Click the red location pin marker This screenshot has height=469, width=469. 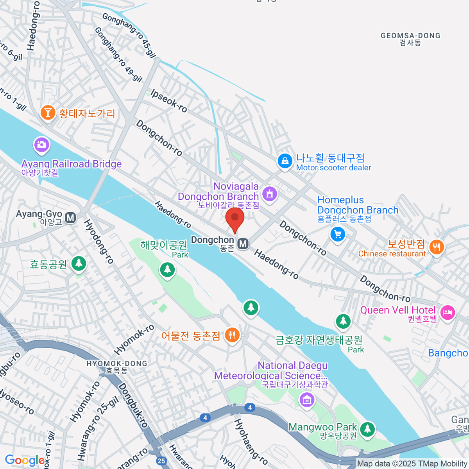point(235,219)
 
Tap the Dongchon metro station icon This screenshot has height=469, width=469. point(243,244)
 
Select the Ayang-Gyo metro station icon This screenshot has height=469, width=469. point(70,218)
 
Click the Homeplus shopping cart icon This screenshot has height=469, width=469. point(337,234)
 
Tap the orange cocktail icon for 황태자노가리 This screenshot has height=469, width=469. point(48,113)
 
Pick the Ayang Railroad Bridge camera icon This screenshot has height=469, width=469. point(41,145)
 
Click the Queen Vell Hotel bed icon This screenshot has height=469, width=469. point(448,312)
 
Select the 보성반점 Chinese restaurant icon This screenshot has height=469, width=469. point(437,247)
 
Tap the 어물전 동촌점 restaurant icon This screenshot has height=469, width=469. point(232,335)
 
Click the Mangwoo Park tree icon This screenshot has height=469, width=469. point(367,429)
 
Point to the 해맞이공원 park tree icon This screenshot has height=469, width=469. point(167,269)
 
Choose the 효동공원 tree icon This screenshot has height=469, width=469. point(79,263)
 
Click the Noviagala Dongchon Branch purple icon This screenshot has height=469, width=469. point(269,193)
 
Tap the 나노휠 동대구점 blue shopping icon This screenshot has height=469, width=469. point(285,161)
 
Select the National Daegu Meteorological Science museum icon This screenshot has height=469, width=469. point(306,399)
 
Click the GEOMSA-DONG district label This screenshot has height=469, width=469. point(410,39)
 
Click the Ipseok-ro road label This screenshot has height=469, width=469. point(169,101)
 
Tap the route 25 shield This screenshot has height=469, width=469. point(161,461)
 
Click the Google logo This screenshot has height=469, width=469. point(24,460)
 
